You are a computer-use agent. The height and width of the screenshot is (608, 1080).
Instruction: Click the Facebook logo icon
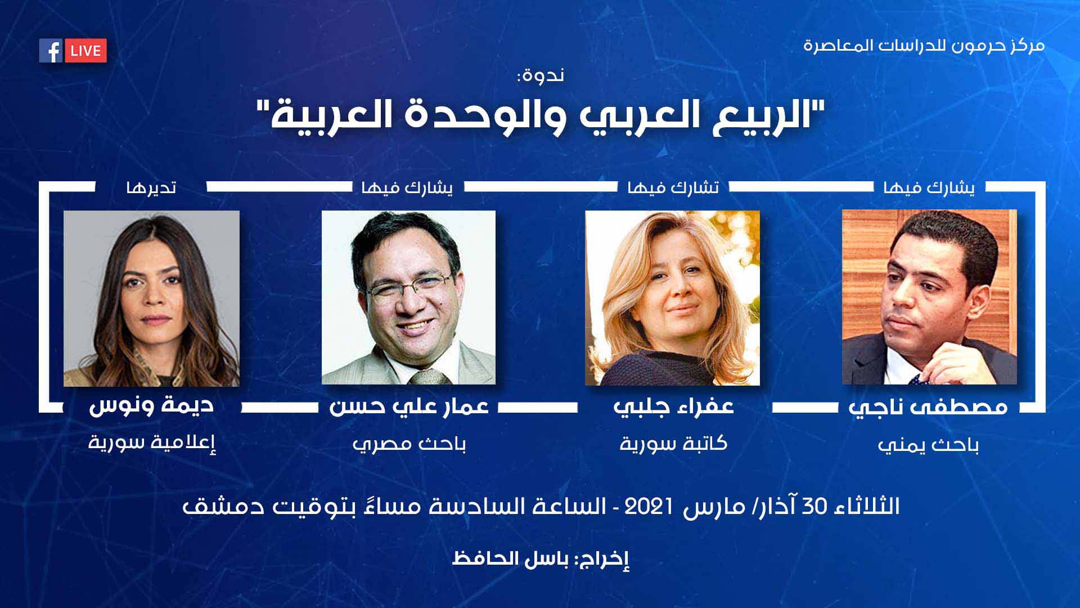51,51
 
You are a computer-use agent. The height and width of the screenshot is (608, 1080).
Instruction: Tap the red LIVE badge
85,51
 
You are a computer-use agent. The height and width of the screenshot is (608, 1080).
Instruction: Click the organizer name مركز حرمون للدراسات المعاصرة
924,45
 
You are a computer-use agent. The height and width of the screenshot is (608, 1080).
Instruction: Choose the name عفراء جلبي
673,406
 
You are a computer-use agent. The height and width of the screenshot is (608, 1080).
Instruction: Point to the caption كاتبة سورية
673,444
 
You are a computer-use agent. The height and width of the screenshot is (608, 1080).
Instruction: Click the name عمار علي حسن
409,406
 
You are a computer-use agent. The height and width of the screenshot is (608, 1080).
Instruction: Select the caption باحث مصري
409,445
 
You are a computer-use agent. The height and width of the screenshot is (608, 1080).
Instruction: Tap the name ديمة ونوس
151,405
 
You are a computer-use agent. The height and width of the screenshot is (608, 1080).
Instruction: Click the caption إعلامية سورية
152,442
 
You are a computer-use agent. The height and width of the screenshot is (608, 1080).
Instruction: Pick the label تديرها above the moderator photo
151,187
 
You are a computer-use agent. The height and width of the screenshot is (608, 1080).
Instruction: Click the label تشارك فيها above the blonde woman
673,187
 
